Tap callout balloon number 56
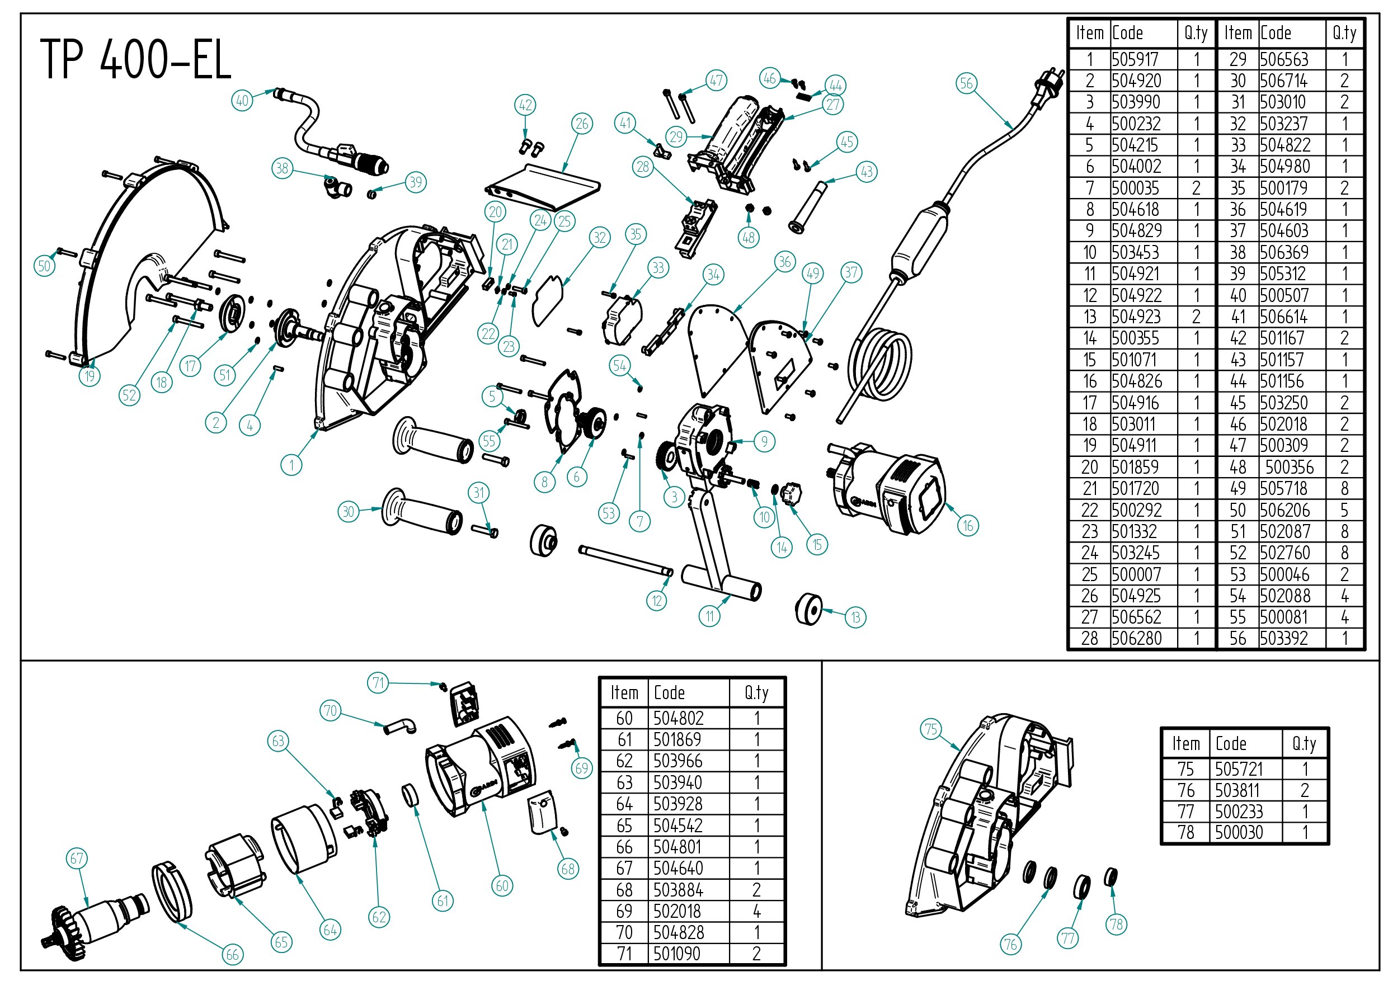point(966,83)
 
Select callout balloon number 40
point(242,100)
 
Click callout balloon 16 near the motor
point(968,525)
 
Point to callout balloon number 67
point(77,859)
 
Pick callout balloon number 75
point(931,729)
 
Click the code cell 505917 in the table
point(1135,59)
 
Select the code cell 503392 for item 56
point(1283,638)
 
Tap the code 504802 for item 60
point(678,718)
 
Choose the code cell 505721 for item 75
point(1239,769)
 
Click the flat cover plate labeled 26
point(544,187)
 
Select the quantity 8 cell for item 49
point(1344,488)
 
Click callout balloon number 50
point(44,266)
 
